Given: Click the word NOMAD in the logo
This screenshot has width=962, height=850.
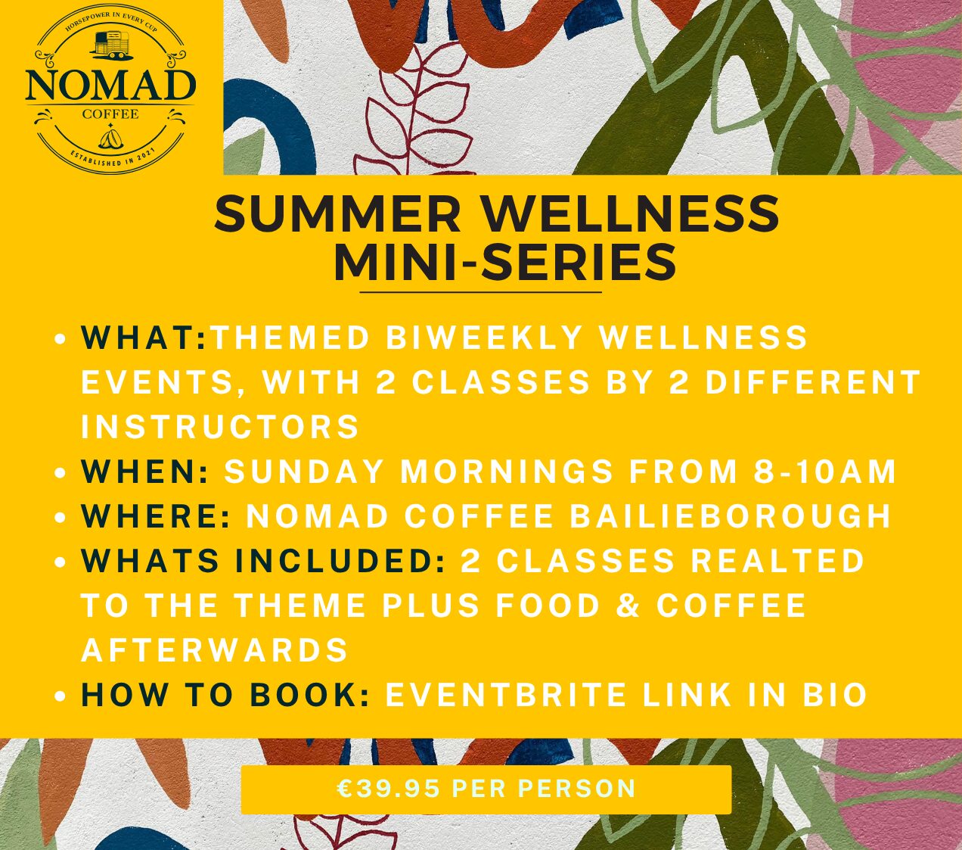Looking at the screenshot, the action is [110, 86].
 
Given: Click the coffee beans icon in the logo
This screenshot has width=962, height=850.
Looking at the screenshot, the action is [110, 140].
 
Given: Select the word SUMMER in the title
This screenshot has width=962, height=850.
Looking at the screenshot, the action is [337, 214].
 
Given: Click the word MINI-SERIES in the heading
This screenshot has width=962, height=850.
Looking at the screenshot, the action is [505, 263].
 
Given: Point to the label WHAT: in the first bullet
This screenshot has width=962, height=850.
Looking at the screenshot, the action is [144, 338].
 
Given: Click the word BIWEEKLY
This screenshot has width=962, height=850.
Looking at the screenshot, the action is [484, 338].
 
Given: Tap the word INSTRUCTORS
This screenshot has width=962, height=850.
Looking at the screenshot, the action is [220, 427].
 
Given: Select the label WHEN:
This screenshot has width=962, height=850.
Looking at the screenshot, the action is [145, 472].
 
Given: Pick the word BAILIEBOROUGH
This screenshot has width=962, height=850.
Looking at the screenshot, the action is [731, 516].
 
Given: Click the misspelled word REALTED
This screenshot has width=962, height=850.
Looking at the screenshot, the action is [777, 561].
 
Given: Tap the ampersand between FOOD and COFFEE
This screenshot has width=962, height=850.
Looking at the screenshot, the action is [629, 606].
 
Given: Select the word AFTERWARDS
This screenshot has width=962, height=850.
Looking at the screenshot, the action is [215, 650].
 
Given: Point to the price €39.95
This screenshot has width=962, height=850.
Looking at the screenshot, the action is [388, 788].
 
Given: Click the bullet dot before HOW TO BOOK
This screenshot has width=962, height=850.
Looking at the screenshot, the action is [60, 696].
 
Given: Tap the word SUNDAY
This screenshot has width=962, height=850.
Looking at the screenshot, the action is [304, 472].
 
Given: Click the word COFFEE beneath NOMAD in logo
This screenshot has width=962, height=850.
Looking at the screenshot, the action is [110, 114].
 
